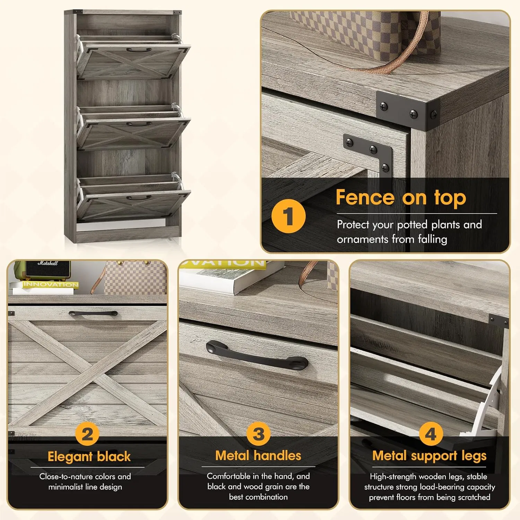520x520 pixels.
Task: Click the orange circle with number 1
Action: click(x=288, y=216)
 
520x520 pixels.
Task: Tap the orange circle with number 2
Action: click(x=87, y=434)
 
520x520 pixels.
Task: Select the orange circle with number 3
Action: click(x=259, y=434)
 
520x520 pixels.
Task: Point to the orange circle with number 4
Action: click(x=430, y=434)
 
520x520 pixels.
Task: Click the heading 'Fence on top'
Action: click(x=401, y=198)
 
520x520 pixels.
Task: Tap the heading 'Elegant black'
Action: click(x=89, y=456)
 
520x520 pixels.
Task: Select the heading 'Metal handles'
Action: click(x=258, y=456)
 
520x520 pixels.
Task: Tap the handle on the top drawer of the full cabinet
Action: click(x=139, y=50)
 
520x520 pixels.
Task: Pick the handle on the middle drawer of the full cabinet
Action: click(x=139, y=123)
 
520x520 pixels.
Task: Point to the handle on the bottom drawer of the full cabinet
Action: click(x=139, y=198)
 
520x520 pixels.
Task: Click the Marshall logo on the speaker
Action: click(x=48, y=263)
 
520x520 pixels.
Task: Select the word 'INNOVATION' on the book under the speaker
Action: click(x=51, y=285)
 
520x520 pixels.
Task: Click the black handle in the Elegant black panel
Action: click(x=93, y=314)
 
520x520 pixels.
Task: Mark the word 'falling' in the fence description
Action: click(x=432, y=240)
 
